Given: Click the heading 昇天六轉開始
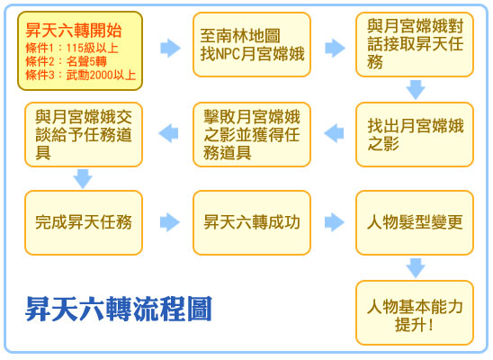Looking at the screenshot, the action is point(74,31).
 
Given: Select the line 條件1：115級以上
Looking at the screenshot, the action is point(72,48).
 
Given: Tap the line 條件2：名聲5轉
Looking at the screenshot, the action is point(67,61).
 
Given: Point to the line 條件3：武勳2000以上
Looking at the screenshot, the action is point(80,75).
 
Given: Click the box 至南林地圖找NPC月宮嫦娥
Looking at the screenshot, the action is point(252,44).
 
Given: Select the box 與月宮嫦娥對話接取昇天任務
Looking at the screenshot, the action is point(415,44).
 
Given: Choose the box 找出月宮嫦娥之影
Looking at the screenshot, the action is point(415,134).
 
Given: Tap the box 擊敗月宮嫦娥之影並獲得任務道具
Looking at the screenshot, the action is point(252,134).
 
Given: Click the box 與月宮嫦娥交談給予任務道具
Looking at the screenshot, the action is point(84,134).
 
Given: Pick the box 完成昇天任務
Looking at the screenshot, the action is point(84,222).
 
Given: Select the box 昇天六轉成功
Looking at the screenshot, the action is point(252,222).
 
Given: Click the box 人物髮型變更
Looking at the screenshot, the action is point(415,222).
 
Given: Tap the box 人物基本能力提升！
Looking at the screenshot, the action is point(415,312).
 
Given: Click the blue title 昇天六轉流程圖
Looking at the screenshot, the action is point(119,309).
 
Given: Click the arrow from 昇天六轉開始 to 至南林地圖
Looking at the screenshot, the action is point(170,48).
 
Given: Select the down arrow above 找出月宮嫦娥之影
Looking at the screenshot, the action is point(416,90).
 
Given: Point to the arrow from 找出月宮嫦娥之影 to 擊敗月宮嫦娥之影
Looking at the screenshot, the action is point(334,133).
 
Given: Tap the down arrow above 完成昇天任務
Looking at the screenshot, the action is point(83,178).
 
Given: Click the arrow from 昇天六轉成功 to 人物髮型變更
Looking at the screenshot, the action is point(335,222).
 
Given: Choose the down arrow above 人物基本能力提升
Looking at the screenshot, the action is point(416,268).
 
